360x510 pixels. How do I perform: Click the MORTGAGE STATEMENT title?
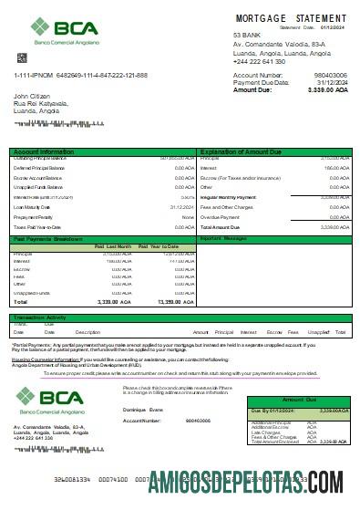291,18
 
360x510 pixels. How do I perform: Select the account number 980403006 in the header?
330,75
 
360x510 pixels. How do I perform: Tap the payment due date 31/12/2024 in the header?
329,82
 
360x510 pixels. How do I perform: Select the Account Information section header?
44,151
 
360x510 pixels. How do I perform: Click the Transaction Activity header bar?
46,317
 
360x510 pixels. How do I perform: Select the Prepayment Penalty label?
35,216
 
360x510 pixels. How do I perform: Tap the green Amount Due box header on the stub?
300,401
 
